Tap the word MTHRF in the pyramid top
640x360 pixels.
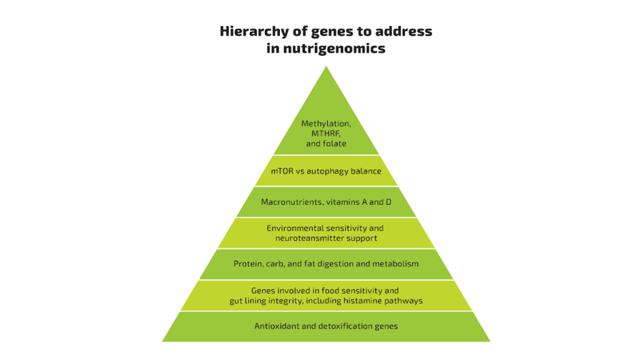(326, 134)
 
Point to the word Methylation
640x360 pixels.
(326, 123)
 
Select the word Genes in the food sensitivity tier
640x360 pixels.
(262, 291)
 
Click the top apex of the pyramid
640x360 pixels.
(326, 66)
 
